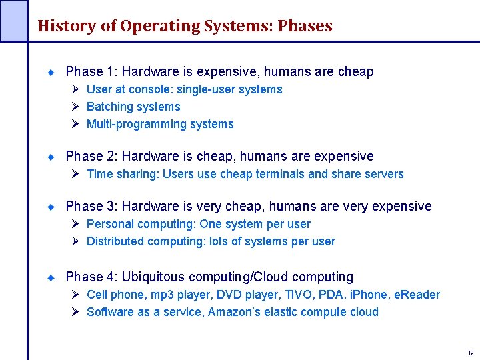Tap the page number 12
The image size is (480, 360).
[470, 353]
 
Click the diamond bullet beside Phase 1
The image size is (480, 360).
[51, 71]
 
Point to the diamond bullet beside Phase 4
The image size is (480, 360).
[51, 277]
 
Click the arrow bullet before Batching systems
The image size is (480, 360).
[75, 107]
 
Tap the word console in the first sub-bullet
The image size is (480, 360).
[147, 89]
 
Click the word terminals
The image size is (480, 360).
[280, 174]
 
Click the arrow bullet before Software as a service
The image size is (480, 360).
[75, 312]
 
